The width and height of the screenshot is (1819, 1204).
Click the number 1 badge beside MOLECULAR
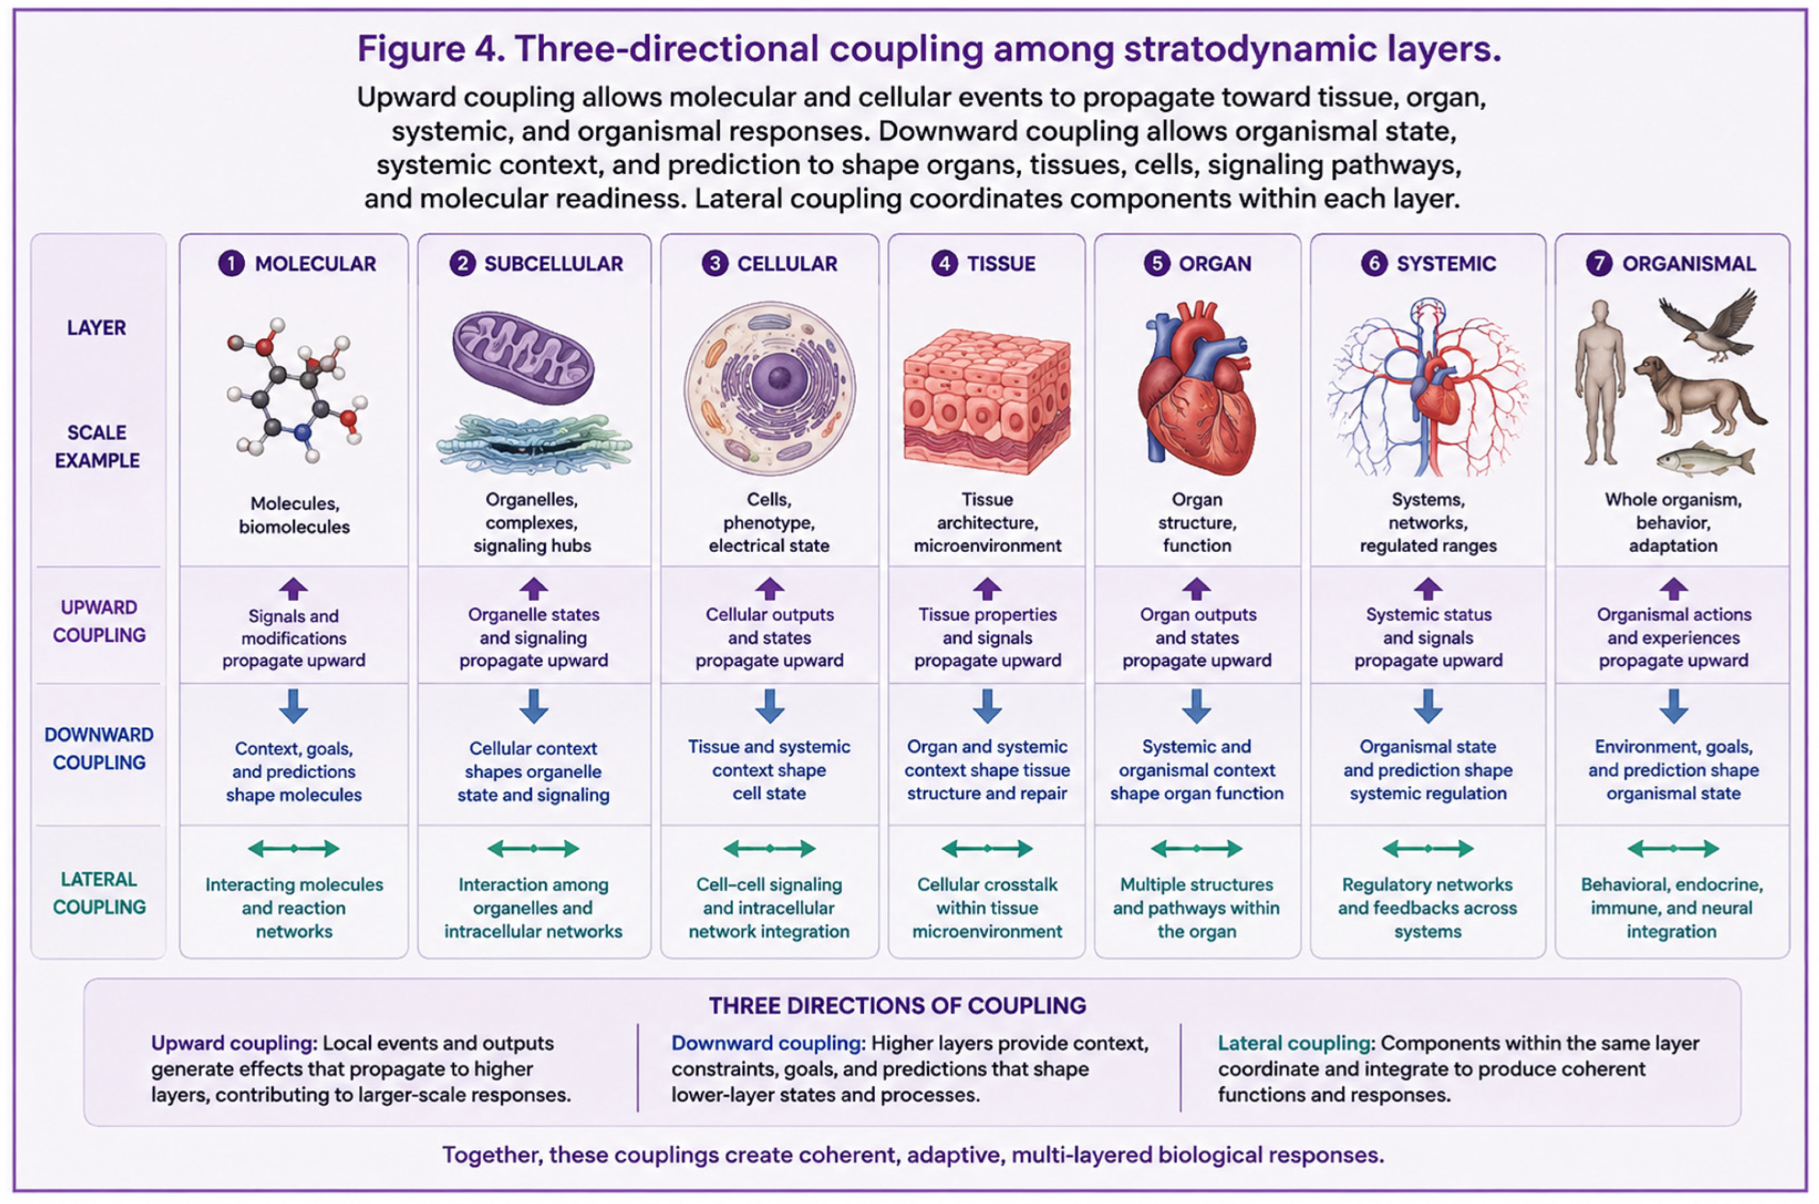point(231,263)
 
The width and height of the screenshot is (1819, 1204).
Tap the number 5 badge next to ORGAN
point(1156,263)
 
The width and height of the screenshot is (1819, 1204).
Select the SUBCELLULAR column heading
point(553,263)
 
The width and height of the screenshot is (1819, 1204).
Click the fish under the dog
point(1705,459)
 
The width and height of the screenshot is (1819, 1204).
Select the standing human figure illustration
point(1600,382)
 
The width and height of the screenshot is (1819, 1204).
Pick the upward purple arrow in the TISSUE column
point(987,589)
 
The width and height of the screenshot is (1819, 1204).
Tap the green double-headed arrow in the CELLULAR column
point(769,849)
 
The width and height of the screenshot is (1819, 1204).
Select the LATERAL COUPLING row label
point(99,893)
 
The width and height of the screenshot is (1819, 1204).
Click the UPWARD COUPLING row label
point(99,621)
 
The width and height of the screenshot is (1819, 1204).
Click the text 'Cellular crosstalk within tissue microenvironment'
point(987,908)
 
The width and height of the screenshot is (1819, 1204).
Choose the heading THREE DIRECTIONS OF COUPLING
point(898,1006)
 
